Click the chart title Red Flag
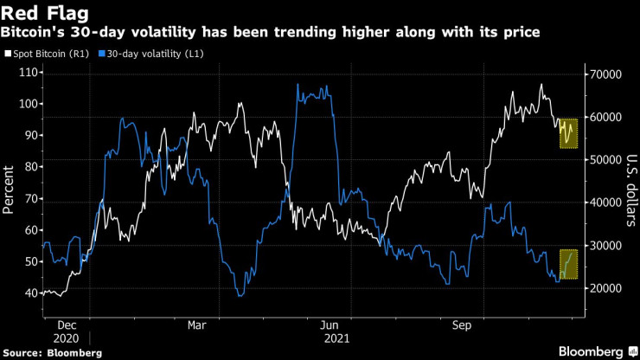[44, 13]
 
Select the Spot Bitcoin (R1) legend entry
[49, 54]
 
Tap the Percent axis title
[10, 189]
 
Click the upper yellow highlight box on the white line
[567, 132]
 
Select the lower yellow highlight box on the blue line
[567, 265]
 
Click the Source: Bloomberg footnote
[52, 353]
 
